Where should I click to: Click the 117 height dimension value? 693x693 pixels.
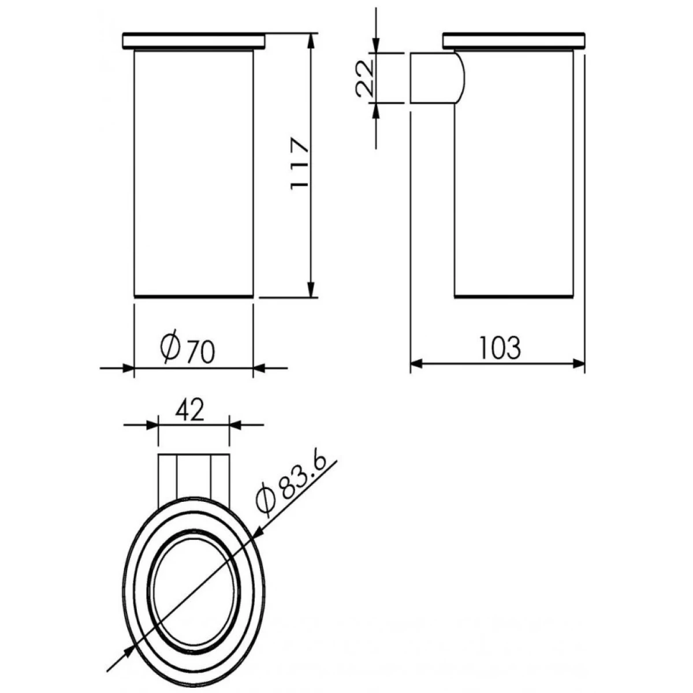click(x=299, y=163)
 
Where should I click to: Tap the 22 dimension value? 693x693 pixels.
click(x=364, y=79)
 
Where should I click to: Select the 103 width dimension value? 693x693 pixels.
click(x=500, y=348)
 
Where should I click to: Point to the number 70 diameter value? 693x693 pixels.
click(x=202, y=351)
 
